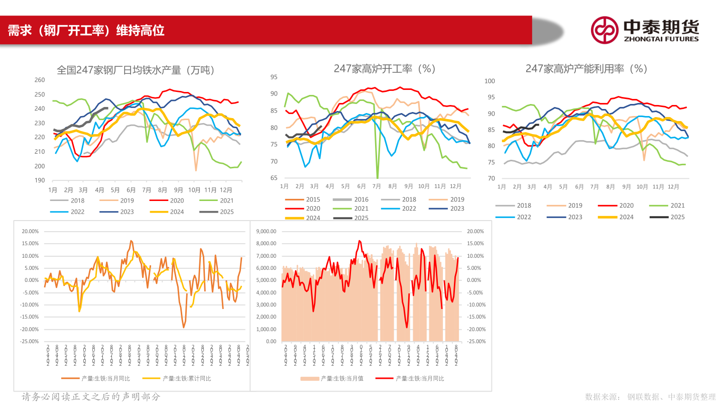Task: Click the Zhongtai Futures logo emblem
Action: [604, 30]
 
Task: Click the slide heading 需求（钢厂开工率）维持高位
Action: [86, 31]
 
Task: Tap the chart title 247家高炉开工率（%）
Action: [385, 69]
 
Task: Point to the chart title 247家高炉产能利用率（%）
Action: [586, 69]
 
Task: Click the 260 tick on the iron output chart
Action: [40, 80]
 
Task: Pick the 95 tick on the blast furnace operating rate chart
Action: [274, 77]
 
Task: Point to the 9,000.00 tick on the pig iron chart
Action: [266, 232]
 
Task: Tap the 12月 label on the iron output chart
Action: [226, 190]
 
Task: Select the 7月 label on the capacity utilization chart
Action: [595, 187]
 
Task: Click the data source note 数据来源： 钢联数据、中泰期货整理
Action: [650, 397]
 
